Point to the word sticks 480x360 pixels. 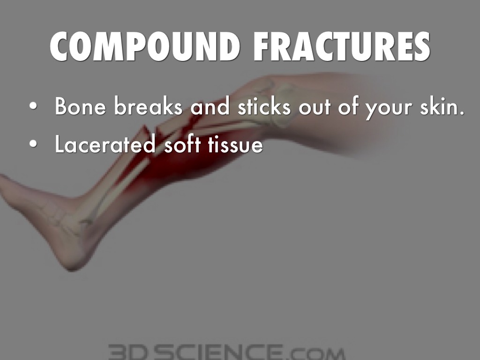(263, 107)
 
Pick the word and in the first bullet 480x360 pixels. (210, 107)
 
